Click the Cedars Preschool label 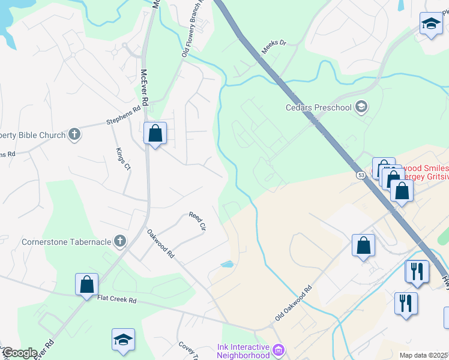pyautogui.click(x=318, y=108)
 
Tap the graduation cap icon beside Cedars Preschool pyautogui.click(x=361, y=108)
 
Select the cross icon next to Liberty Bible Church pyautogui.click(x=74, y=134)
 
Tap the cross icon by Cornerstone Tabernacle pyautogui.click(x=120, y=242)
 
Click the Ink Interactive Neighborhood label pyautogui.click(x=243, y=352)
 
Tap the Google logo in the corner pyautogui.click(x=19, y=353)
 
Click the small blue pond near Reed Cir pyautogui.click(x=227, y=263)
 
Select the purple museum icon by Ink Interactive pyautogui.click(x=278, y=349)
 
